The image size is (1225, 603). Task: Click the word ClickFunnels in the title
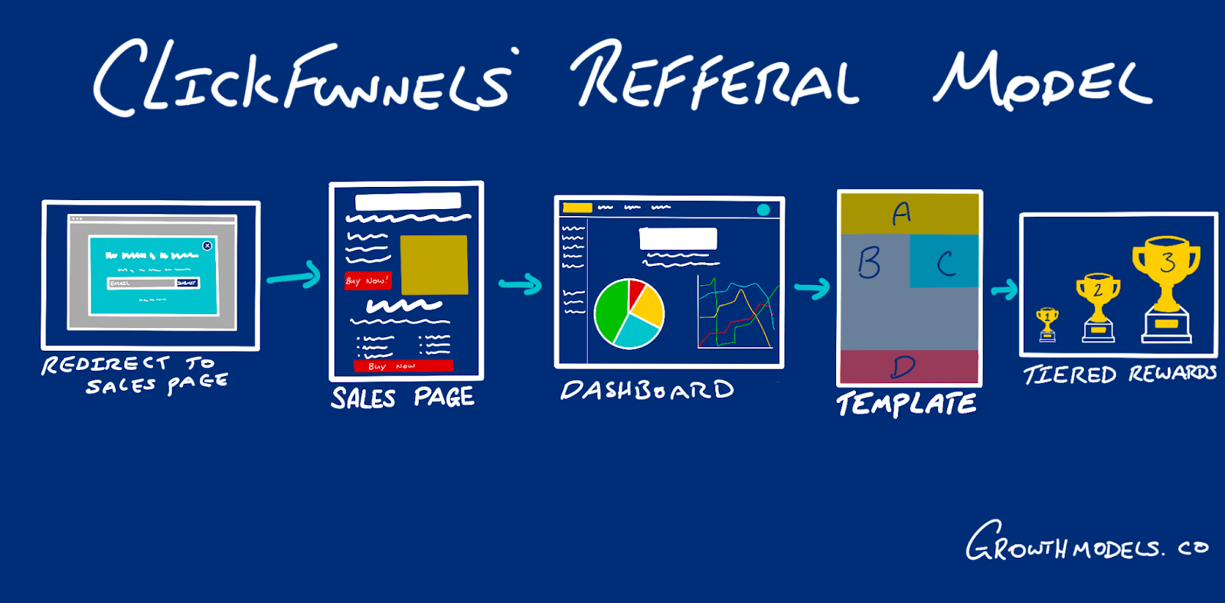point(302,77)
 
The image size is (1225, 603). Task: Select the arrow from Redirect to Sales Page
point(294,276)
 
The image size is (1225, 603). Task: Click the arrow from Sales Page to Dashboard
point(521,285)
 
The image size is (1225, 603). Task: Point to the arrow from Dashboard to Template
point(812,288)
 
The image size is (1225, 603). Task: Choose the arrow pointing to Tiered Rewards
point(1004,290)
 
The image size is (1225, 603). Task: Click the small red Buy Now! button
point(367,280)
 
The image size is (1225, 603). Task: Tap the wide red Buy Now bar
point(403,366)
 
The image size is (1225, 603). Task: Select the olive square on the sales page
point(433,264)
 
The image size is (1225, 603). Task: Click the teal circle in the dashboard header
point(763,209)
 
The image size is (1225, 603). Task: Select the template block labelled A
point(909,213)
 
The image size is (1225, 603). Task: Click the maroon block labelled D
point(909,367)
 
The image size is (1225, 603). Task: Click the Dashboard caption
point(647,390)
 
